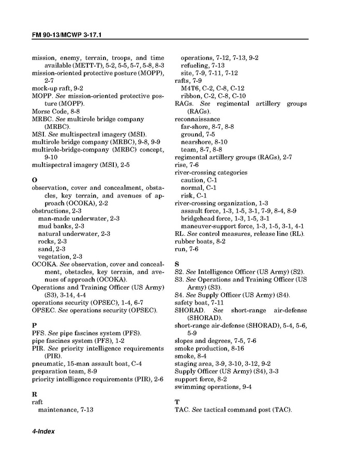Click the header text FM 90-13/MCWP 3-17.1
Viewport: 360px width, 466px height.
pos(70,35)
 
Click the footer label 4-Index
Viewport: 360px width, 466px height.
pos(43,431)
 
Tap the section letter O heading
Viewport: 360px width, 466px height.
pos(35,180)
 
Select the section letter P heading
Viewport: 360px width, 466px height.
pos(34,325)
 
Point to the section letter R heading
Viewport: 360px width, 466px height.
pos(35,394)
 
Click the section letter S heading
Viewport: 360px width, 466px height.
pos(177,264)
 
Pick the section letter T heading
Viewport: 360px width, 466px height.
pos(177,402)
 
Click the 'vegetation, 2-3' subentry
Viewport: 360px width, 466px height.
pos(60,257)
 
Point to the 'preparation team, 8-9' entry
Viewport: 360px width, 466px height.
pos(64,371)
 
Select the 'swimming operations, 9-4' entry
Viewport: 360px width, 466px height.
pos(213,387)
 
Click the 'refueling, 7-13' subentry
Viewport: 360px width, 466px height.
pos(202,66)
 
